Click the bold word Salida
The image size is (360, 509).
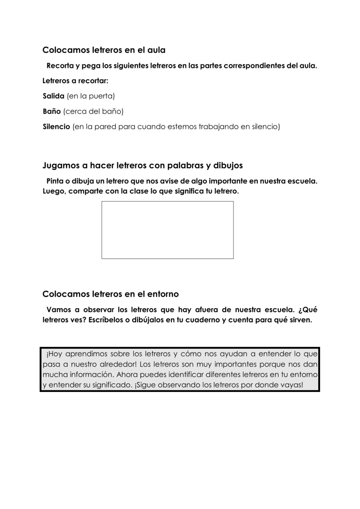(53, 96)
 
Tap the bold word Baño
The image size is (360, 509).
(52, 111)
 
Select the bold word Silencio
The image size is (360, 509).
(56, 127)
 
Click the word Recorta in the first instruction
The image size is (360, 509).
(60, 66)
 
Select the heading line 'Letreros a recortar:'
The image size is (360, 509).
(75, 81)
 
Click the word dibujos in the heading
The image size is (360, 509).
(228, 165)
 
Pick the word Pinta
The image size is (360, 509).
(55, 181)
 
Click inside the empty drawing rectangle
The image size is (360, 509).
(167, 230)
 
